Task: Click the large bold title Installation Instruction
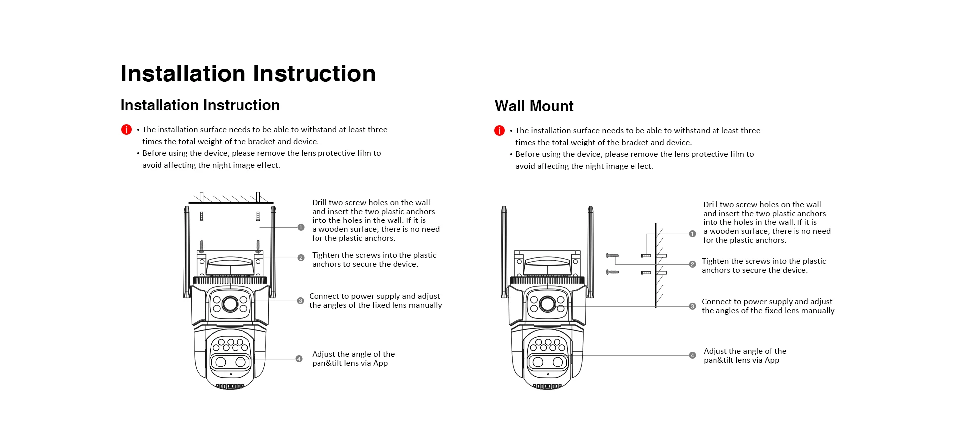coord(247,73)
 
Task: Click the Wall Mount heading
coord(534,106)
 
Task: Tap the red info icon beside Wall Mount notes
coord(499,131)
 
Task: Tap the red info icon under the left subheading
coord(126,130)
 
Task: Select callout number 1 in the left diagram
coord(301,227)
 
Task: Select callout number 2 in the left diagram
coord(301,258)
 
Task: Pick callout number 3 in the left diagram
coord(300,301)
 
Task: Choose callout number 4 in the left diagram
coord(299,359)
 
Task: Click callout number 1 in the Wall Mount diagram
coord(692,234)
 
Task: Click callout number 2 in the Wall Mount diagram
coord(692,264)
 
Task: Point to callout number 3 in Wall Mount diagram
coord(692,306)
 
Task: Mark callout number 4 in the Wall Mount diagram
coord(692,355)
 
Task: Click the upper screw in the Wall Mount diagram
coord(612,256)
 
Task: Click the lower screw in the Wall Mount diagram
coord(612,272)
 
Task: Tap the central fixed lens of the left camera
coord(230,303)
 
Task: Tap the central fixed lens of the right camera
coord(547,303)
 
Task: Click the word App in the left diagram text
coord(380,363)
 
